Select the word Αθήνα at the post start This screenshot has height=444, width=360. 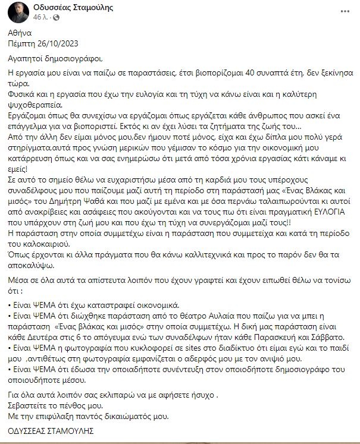pos(20,33)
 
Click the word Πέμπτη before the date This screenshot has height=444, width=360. pos(24,43)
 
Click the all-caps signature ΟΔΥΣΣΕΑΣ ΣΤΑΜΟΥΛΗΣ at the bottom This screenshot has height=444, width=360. pos(49,430)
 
